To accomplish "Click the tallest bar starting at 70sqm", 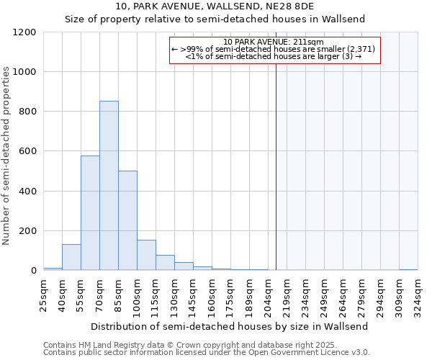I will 109,186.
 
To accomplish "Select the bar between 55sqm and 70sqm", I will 90,213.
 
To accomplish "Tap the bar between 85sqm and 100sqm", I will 127,220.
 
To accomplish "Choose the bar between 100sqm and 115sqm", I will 146,255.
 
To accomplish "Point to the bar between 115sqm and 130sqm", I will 165,263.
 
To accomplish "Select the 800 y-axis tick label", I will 27,112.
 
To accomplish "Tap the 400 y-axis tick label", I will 27,192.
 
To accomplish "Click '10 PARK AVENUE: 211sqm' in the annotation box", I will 274,42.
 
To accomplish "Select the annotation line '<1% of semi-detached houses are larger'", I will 274,55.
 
